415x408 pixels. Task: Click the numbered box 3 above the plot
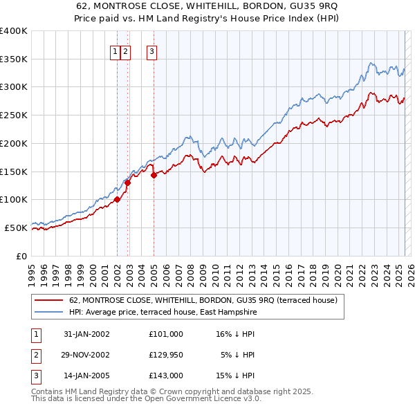click(x=151, y=50)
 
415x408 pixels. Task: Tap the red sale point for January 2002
click(x=118, y=199)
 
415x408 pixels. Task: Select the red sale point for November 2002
click(x=128, y=183)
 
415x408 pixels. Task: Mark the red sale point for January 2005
click(x=154, y=176)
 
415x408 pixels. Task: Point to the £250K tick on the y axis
click(x=14, y=115)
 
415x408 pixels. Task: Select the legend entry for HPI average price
click(x=163, y=313)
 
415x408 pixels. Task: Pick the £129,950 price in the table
click(x=165, y=355)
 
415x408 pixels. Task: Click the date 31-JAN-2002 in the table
click(x=86, y=333)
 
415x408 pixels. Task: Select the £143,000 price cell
click(x=165, y=376)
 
